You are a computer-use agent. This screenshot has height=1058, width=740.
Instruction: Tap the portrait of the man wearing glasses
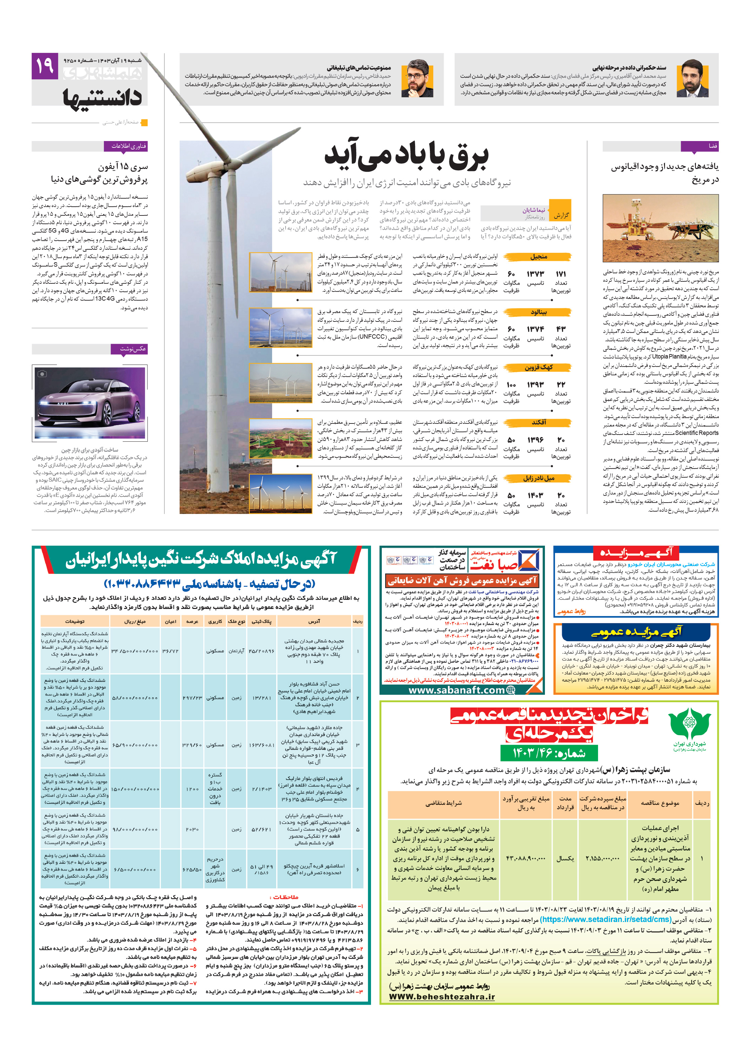point(417,79)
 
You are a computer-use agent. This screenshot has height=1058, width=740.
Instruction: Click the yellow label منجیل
point(538,257)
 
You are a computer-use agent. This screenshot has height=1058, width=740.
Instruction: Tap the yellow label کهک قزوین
point(538,367)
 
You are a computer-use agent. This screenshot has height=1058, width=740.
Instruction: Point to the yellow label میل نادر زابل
point(538,478)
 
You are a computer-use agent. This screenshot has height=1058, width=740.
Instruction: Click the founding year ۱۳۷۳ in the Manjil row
point(535,274)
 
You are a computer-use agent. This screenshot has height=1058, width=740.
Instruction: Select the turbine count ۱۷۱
point(560,274)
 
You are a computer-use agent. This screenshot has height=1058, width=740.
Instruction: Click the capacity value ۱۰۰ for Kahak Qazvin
point(511,385)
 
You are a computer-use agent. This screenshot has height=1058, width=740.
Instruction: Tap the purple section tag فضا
point(700,146)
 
